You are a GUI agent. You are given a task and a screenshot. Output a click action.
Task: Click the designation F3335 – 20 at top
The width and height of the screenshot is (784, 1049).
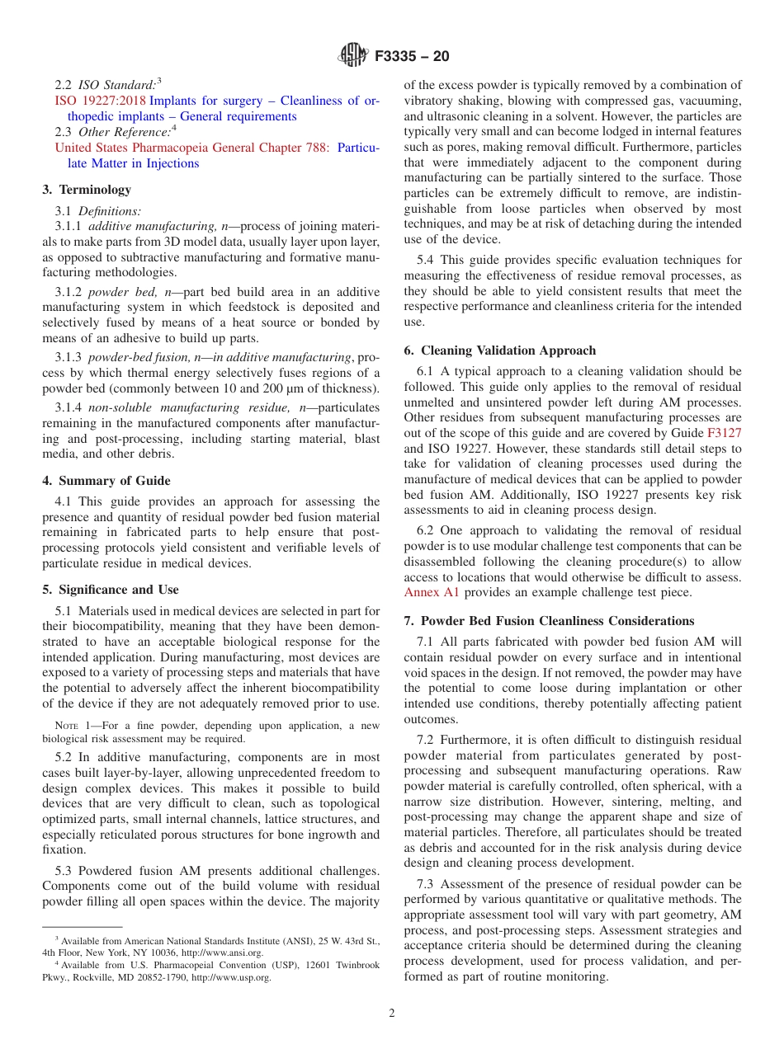412,57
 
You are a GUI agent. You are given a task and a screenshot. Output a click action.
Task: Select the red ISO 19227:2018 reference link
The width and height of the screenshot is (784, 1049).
100,101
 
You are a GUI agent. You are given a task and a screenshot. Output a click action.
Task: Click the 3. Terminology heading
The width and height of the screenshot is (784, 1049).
87,190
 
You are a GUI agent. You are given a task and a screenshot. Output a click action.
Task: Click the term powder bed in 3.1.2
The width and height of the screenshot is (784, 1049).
121,292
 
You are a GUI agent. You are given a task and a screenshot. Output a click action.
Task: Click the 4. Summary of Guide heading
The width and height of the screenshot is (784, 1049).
106,481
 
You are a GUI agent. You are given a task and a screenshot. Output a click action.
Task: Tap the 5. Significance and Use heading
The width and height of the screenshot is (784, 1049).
110,590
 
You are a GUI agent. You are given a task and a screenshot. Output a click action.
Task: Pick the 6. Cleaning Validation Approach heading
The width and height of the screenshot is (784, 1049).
499,350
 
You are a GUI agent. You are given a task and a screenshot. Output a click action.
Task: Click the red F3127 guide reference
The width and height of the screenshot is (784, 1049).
724,433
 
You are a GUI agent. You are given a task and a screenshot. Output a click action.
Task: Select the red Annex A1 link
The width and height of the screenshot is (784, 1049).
432,592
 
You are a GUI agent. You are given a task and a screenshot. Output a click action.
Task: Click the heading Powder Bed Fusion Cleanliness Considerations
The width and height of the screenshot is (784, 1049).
557,621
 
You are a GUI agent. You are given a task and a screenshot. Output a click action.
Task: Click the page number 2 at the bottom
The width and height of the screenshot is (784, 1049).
392,1014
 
